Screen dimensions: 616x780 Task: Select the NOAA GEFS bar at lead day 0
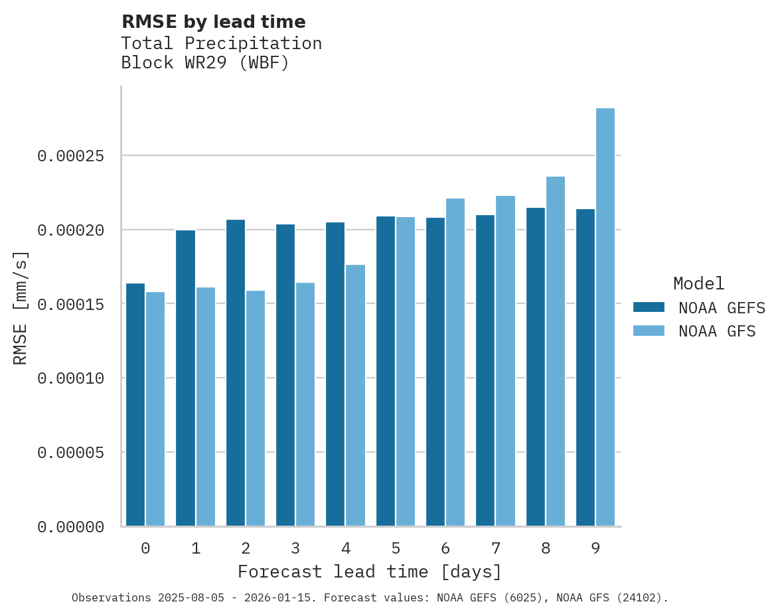[135, 405]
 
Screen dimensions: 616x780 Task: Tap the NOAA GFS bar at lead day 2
[256, 408]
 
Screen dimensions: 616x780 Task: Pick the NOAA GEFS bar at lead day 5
[386, 371]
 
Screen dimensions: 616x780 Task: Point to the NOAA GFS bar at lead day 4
[355, 396]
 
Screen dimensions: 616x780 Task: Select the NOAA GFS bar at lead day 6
[455, 362]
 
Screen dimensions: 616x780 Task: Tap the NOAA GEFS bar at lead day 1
[185, 378]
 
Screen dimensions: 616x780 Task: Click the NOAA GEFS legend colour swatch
[649, 307]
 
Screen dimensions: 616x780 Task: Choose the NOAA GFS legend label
[717, 331]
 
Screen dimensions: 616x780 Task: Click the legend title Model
[698, 283]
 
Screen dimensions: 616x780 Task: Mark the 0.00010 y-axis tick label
[70, 378]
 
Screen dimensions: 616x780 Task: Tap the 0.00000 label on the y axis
[70, 527]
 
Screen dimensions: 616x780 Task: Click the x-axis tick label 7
[495, 548]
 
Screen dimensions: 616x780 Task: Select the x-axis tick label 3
[295, 548]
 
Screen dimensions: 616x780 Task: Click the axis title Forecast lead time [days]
[370, 572]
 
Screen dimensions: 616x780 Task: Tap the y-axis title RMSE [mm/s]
[21, 308]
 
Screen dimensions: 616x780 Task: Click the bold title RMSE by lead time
[214, 22]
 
